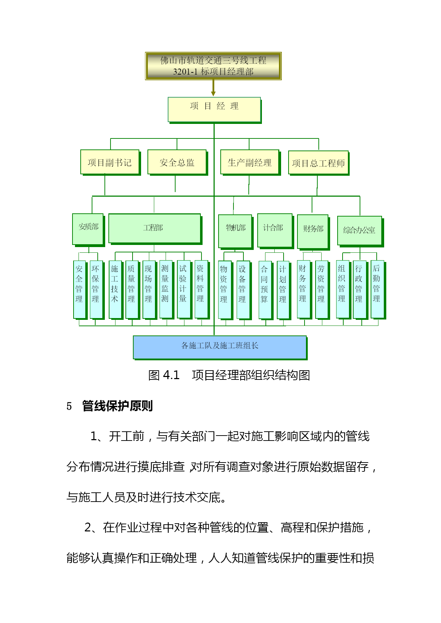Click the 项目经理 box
pyautogui.click(x=214, y=109)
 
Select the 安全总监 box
pyautogui.click(x=177, y=162)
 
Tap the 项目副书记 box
pyautogui.click(x=110, y=162)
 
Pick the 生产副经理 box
pyautogui.click(x=249, y=162)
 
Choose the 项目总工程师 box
pyautogui.click(x=318, y=163)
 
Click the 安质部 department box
pyautogui.click(x=88, y=229)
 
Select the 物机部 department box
pyautogui.click(x=235, y=231)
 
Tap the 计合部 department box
pyautogui.click(x=275, y=230)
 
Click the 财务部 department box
pyautogui.click(x=313, y=231)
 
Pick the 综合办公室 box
pyautogui.click(x=359, y=231)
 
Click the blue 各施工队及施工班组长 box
pyautogui.click(x=220, y=347)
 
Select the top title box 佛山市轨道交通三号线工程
pyautogui.click(x=213, y=66)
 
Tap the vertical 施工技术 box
pyautogui.click(x=115, y=289)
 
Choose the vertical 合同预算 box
pyautogui.click(x=264, y=290)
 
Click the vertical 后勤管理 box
pyautogui.click(x=377, y=289)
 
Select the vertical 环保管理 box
pyautogui.click(x=96, y=289)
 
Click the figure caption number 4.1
pyautogui.click(x=171, y=375)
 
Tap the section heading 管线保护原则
pyautogui.click(x=117, y=406)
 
